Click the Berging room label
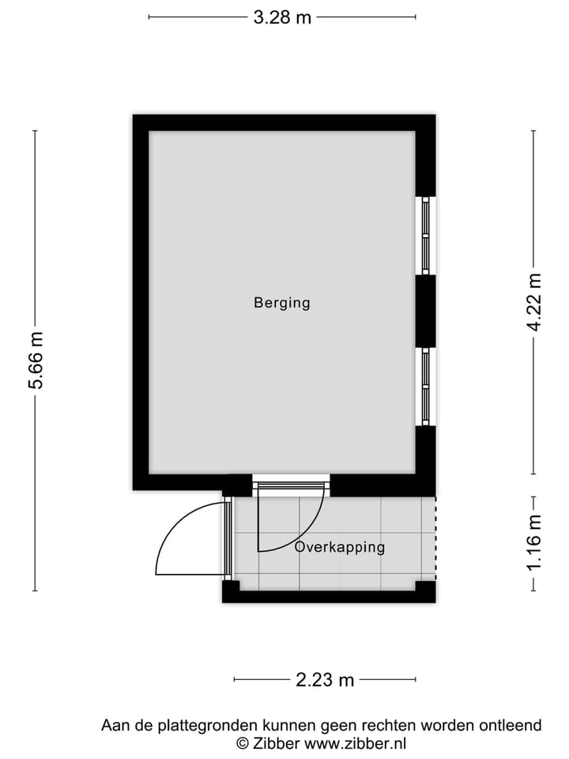click(281, 302)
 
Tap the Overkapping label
click(339, 547)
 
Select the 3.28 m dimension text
click(282, 17)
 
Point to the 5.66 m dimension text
click(36, 361)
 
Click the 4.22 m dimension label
click(535, 302)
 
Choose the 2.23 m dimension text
click(325, 679)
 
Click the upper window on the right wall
click(425, 236)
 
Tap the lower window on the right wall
click(425, 387)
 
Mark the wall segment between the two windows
click(425, 311)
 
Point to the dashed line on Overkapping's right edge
click(435, 538)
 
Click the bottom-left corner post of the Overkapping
click(231, 589)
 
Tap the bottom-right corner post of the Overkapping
click(425, 589)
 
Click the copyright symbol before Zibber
click(243, 743)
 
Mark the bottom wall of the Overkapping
click(328, 597)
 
